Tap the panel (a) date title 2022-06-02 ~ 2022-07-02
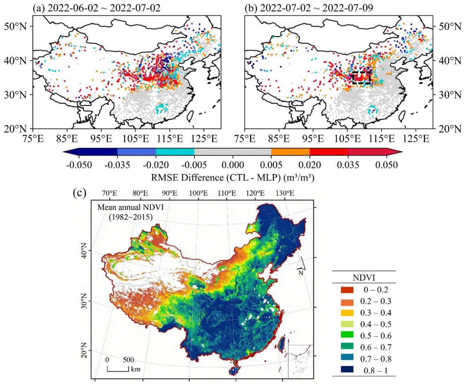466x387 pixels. (x=104, y=8)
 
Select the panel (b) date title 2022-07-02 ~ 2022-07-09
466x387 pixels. (x=316, y=8)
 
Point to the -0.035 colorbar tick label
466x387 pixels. (x=118, y=165)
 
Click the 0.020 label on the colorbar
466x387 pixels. (x=310, y=165)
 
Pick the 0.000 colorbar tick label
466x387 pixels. (x=233, y=165)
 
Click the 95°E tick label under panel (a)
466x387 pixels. (x=102, y=139)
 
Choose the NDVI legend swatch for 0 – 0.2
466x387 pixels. (x=347, y=290)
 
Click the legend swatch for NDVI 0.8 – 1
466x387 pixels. (x=347, y=370)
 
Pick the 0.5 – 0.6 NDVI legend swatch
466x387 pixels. (x=347, y=336)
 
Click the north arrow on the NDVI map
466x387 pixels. (x=300, y=266)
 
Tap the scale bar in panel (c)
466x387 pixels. (x=118, y=370)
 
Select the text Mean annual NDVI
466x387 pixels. (x=131, y=208)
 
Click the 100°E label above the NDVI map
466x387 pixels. (x=199, y=193)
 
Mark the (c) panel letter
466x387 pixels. (x=79, y=193)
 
